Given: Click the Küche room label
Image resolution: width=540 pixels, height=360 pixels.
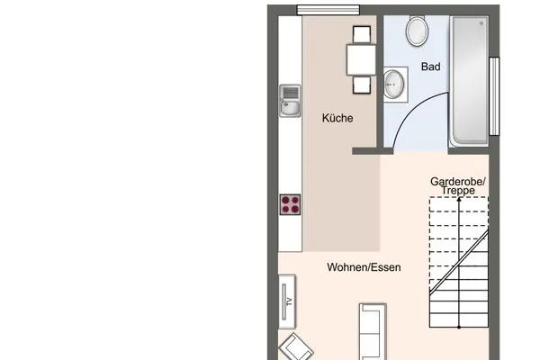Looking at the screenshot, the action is (337, 118).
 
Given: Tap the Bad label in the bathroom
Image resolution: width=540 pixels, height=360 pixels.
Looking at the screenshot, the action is (430, 67).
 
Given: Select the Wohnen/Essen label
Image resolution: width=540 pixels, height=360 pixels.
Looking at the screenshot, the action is (364, 267).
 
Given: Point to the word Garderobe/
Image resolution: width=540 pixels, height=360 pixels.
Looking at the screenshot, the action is (458, 181).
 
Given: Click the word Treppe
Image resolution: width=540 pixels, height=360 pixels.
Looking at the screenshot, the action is (458, 190).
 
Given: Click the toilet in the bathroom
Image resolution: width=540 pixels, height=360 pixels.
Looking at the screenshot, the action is (418, 31).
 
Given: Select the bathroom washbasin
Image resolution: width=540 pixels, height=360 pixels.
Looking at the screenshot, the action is (393, 84).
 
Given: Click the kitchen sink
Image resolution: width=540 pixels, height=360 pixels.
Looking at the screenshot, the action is (290, 101).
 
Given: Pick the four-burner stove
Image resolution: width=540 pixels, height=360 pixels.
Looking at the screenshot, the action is (290, 204).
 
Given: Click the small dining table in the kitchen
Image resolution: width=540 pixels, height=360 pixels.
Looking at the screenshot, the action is (361, 59).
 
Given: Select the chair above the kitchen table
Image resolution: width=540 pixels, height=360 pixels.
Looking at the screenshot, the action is (362, 34).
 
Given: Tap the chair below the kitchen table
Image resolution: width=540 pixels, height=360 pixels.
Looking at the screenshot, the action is (362, 85).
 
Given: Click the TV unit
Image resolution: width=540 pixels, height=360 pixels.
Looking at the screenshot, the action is (287, 301).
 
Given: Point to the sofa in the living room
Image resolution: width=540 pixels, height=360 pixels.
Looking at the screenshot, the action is (373, 332).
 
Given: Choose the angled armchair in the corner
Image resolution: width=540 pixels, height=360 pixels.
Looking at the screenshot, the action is (296, 348).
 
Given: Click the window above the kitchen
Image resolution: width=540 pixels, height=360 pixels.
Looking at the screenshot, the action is (328, 10).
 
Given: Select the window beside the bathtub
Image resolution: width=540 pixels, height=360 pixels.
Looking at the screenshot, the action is (494, 96).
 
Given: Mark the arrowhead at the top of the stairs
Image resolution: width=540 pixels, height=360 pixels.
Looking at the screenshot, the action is (459, 199).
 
